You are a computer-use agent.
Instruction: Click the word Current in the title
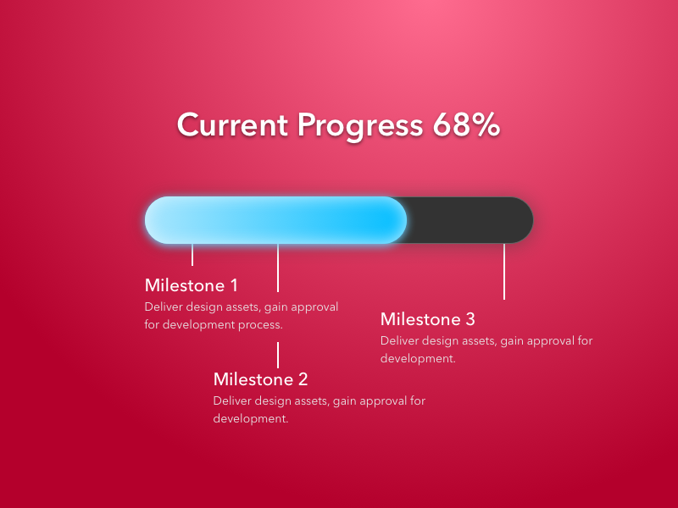pyautogui.click(x=232, y=124)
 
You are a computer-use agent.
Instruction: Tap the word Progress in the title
pyautogui.click(x=359, y=126)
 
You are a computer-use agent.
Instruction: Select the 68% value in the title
pyautogui.click(x=466, y=124)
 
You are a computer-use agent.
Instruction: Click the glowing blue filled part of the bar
pyautogui.click(x=275, y=220)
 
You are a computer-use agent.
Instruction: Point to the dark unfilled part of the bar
pyautogui.click(x=470, y=220)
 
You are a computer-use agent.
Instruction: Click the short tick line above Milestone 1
pyautogui.click(x=192, y=255)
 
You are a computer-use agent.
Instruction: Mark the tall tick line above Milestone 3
pyautogui.click(x=504, y=271)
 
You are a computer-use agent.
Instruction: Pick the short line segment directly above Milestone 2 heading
pyautogui.click(x=278, y=355)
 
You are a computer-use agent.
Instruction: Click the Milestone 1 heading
pyautogui.click(x=192, y=285)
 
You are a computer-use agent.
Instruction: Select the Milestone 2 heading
pyautogui.click(x=260, y=379)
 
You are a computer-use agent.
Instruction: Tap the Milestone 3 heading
pyautogui.click(x=428, y=319)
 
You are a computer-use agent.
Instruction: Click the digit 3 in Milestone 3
pyautogui.click(x=470, y=319)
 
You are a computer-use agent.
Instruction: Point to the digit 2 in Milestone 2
pyautogui.click(x=303, y=379)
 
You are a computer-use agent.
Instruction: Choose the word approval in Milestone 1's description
pyautogui.click(x=314, y=307)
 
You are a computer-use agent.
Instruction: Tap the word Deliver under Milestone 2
pyautogui.click(x=232, y=400)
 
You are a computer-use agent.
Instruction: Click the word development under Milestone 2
pyautogui.click(x=251, y=418)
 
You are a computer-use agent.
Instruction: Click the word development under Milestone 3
pyautogui.click(x=418, y=358)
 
